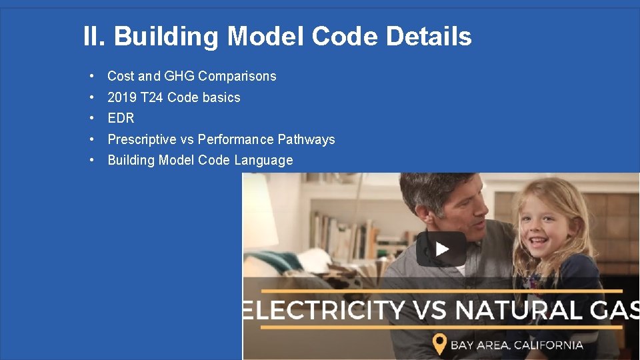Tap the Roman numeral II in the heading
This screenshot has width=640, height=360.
(x=93, y=36)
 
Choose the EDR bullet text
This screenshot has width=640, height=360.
(x=121, y=118)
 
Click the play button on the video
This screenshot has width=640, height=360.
(x=441, y=249)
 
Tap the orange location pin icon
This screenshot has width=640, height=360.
(x=439, y=345)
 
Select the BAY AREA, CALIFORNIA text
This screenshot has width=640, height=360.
(x=517, y=345)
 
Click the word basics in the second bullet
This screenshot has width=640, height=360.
(x=221, y=97)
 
